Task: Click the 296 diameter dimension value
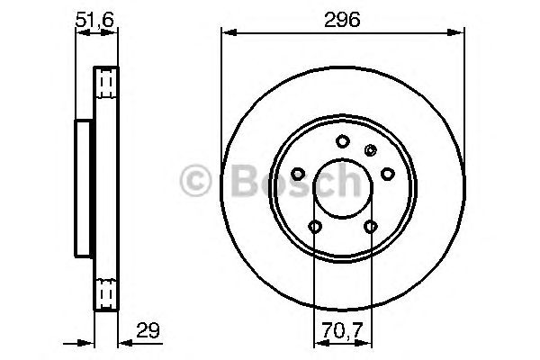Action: coord(342,19)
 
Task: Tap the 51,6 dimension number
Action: coord(94,19)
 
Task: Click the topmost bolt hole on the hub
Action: coord(342,140)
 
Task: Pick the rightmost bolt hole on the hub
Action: coord(387,173)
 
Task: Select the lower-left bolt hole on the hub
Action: coord(314,226)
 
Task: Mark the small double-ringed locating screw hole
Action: coord(368,149)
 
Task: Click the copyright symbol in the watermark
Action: coord(196,182)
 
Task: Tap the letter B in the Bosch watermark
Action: coord(239,182)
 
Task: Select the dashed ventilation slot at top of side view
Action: coord(107,83)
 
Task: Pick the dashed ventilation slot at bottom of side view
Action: coord(107,292)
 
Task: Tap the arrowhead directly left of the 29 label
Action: coord(124,341)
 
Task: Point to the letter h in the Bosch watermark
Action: coord(346,182)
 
